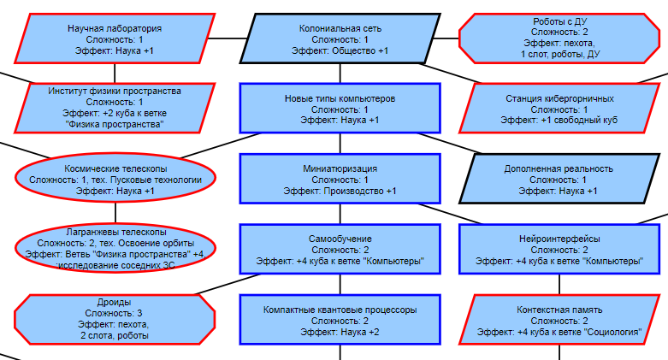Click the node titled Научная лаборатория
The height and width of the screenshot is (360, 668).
115,39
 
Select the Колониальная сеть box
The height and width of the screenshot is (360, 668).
340,39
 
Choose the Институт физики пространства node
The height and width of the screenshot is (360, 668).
115,107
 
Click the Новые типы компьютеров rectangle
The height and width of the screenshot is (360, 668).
340,109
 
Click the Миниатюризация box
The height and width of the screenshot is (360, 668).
340,179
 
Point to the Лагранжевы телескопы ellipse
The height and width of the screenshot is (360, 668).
115,248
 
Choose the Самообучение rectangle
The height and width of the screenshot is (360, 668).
340,249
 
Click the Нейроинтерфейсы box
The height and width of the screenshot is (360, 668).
559,249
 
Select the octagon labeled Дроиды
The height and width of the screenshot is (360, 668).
115,319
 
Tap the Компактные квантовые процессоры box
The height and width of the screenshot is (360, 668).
340,319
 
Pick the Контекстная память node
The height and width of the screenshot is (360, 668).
559,319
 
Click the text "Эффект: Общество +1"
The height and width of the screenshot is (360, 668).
340,51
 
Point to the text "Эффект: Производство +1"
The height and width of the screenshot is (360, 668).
340,191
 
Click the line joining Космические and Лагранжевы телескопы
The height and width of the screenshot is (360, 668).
115,213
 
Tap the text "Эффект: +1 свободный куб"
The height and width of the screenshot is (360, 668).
559,121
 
